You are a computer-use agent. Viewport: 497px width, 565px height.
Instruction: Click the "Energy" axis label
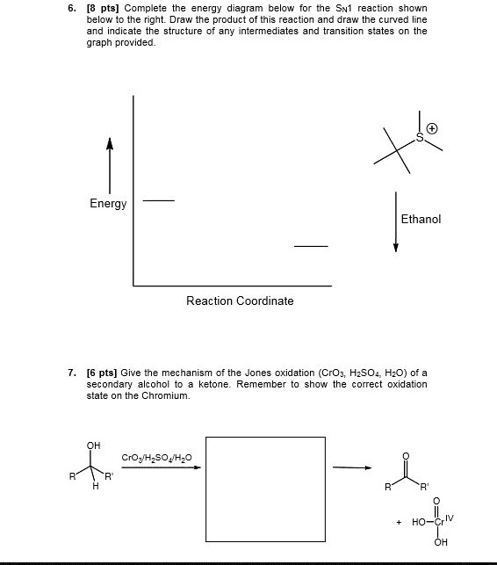[x=108, y=204]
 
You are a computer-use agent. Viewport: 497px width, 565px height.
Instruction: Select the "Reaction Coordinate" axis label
[x=240, y=301]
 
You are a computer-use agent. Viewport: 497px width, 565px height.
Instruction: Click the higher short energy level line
[x=159, y=201]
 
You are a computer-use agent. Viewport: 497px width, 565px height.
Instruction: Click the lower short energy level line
[x=310, y=247]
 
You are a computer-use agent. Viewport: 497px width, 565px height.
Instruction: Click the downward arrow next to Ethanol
[x=396, y=221]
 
